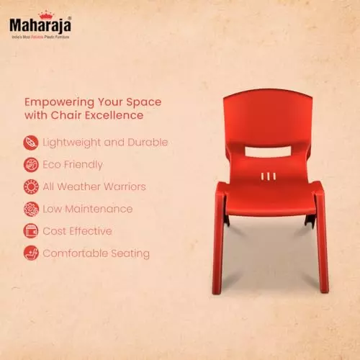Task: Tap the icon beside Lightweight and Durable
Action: click(x=31, y=142)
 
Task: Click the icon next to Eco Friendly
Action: click(x=31, y=164)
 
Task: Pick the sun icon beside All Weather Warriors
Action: click(x=31, y=186)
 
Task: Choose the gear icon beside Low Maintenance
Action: click(x=31, y=209)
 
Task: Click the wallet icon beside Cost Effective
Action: click(x=31, y=231)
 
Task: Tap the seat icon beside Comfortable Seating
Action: click(x=31, y=253)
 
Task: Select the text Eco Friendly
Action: click(x=73, y=164)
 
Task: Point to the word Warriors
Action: click(x=122, y=186)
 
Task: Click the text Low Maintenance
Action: click(x=88, y=209)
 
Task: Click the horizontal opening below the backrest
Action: click(x=265, y=152)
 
